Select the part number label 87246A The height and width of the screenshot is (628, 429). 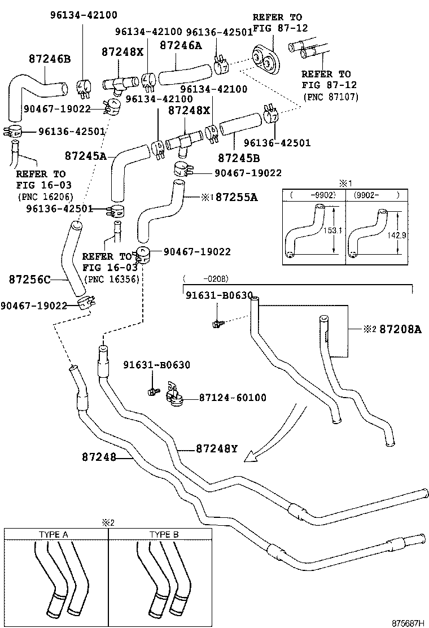point(180,45)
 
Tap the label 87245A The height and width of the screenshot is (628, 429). point(85,155)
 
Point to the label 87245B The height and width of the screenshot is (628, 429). point(239,159)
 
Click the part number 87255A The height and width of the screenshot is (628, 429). point(237,197)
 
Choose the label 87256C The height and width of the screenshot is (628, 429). point(29,279)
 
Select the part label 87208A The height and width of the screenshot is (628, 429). point(400,329)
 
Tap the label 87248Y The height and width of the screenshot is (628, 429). point(217,449)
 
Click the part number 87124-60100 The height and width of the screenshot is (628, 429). point(232,398)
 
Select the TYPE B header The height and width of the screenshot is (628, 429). point(164,534)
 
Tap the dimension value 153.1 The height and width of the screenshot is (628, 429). point(332,230)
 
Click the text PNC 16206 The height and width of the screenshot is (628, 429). point(38,197)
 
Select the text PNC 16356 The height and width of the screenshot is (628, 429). point(112,279)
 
